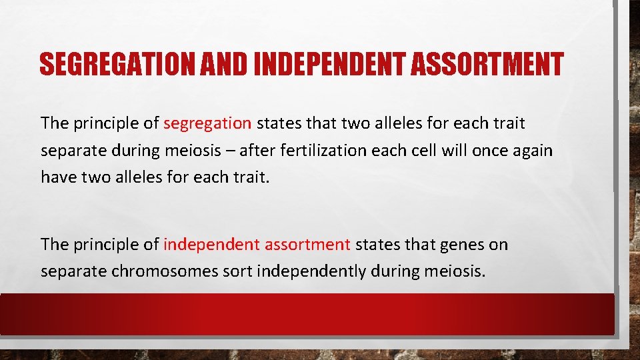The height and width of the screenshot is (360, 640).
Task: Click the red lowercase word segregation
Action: coord(207,123)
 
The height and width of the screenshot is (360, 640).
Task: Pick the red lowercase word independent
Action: coord(211,245)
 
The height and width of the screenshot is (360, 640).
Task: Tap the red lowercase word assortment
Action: coord(307,245)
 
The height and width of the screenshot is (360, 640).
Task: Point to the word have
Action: coord(58,177)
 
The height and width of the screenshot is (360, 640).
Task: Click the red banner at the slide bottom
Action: coord(307,313)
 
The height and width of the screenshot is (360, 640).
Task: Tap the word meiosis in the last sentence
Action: coord(451,272)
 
